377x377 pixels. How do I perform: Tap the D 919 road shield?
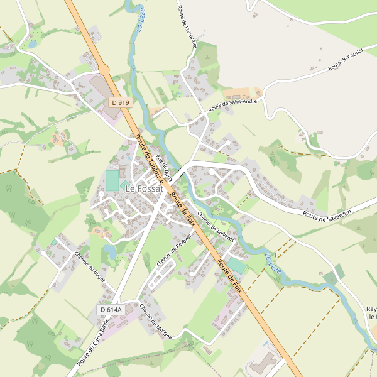coord(119,102)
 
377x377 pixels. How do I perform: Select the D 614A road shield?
coord(111,310)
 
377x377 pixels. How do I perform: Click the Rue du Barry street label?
coord(164,167)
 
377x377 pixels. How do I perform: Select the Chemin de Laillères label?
coord(216,226)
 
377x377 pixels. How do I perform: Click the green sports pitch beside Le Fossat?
coord(112,180)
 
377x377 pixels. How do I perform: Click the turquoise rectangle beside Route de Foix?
coord(236,265)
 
